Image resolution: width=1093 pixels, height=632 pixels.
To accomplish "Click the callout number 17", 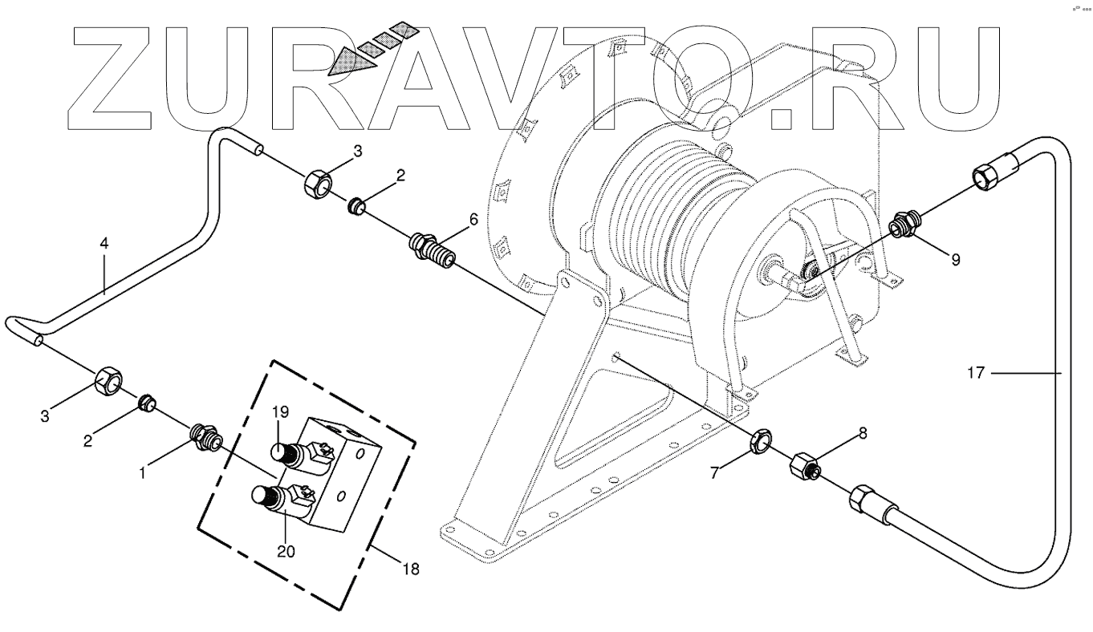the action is tap(977, 373).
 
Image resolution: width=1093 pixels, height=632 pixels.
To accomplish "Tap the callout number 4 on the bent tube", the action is tap(104, 243).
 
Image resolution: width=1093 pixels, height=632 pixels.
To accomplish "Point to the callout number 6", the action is tap(473, 220).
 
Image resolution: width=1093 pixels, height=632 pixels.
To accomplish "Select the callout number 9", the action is tap(956, 260).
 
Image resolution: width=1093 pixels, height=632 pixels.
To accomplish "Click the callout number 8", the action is tap(863, 433).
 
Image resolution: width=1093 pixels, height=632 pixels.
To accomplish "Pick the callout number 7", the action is tap(714, 472).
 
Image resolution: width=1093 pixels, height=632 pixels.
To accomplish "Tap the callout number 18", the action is tap(411, 569).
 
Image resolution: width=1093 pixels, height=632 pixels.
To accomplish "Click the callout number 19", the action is tap(281, 412).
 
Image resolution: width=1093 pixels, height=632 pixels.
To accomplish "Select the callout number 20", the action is tap(286, 551).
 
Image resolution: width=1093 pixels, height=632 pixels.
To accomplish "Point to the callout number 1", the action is tap(142, 472).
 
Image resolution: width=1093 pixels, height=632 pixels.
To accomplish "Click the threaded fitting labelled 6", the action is tap(433, 249).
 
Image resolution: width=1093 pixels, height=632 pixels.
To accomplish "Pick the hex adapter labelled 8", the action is tap(805, 466).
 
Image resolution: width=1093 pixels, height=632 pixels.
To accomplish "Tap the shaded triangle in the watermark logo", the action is tap(351, 63).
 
